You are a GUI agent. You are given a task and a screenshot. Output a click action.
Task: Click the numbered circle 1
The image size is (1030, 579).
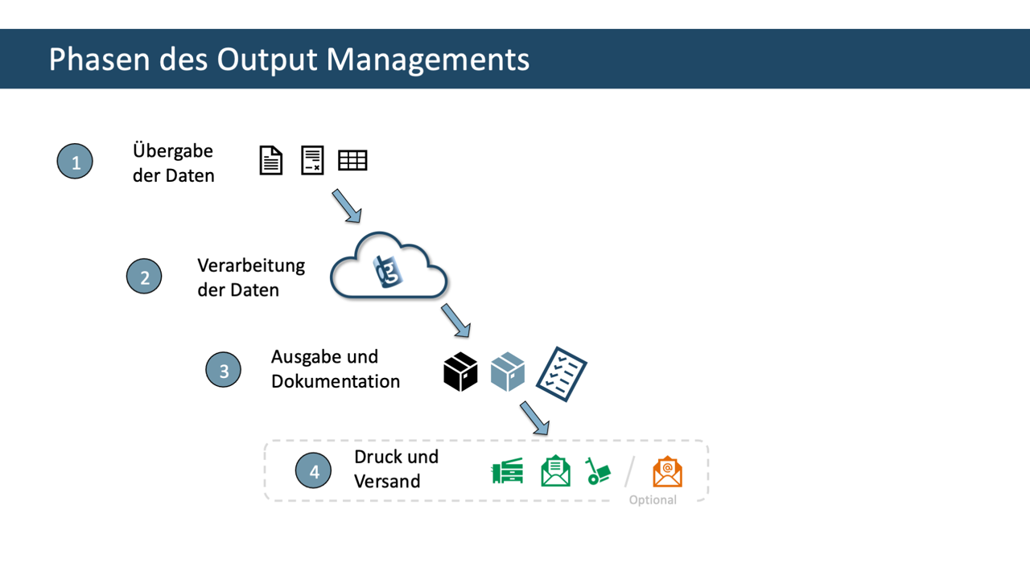pyautogui.click(x=76, y=162)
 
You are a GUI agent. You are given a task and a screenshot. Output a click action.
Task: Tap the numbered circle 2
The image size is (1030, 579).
pyautogui.click(x=145, y=277)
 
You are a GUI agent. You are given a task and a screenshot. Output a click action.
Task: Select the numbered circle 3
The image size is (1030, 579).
pyautogui.click(x=224, y=369)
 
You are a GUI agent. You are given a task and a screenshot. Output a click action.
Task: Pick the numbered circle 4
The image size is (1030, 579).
pyautogui.click(x=314, y=471)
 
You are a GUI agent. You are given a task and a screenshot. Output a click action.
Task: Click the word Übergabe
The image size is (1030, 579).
pyautogui.click(x=173, y=150)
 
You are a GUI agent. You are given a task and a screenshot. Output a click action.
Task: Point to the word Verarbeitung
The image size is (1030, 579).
pyautogui.click(x=251, y=265)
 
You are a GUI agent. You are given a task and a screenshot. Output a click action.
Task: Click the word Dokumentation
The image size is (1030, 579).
pyautogui.click(x=336, y=381)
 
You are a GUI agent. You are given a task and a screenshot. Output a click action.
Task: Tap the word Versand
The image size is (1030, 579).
pyautogui.click(x=387, y=481)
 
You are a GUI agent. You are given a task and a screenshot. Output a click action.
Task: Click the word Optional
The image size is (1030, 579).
pyautogui.click(x=653, y=499)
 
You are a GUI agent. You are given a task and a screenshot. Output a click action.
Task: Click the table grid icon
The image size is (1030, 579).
pyautogui.click(x=352, y=161)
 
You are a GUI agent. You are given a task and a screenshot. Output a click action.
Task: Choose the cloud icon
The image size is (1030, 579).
pyautogui.click(x=389, y=268)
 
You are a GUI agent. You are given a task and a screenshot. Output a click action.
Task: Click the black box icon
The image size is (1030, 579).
pyautogui.click(x=460, y=372)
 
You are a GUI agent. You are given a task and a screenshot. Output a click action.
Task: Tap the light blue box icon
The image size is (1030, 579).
pyautogui.click(x=508, y=372)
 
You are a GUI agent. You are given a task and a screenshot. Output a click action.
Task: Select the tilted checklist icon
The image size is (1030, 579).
pyautogui.click(x=562, y=374)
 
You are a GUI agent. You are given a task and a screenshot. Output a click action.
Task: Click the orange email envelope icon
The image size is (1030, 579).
pyautogui.click(x=667, y=472)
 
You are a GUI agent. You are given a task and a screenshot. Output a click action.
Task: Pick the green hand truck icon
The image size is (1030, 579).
pyautogui.click(x=598, y=472)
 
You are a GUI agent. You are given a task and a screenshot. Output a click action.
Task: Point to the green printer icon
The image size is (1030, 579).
pyautogui.click(x=508, y=471)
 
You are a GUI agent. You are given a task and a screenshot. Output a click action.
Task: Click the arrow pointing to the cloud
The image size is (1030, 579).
pyautogui.click(x=347, y=206)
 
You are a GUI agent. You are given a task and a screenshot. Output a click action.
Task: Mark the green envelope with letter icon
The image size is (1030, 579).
pyautogui.click(x=555, y=471)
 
